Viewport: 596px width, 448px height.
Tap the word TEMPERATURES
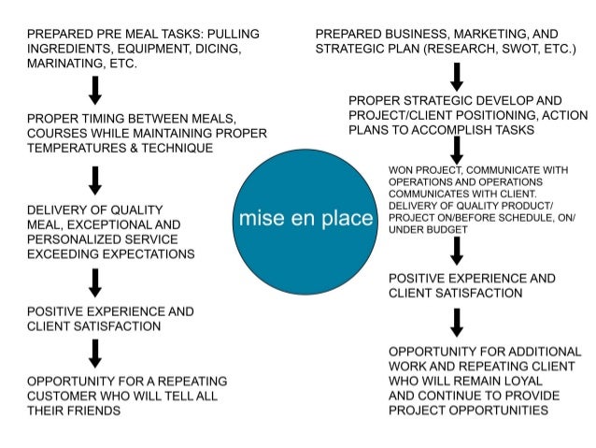tap(81, 149)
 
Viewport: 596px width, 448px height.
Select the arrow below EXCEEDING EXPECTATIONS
tap(95, 282)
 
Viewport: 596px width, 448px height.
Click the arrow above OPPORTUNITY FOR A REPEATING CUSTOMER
tap(95, 353)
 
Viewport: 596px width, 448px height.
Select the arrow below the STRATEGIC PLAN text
tap(456, 77)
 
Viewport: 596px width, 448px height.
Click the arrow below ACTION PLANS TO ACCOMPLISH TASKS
tap(456, 150)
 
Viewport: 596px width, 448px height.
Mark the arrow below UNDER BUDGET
tap(456, 251)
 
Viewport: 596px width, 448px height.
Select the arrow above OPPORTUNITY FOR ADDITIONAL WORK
tap(456, 322)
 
